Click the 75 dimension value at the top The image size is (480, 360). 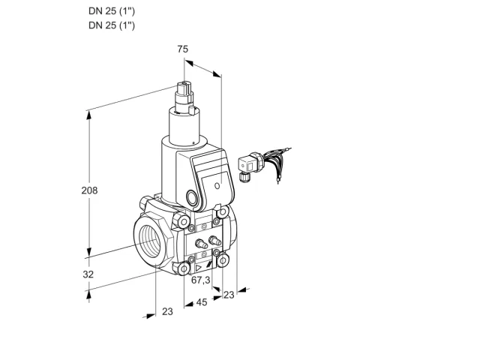pyautogui.click(x=183, y=49)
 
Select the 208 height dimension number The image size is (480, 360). pyautogui.click(x=89, y=190)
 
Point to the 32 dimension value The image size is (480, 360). pyautogui.click(x=88, y=274)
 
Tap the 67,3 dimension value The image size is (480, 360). pyautogui.click(x=201, y=280)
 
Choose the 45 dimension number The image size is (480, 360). pyautogui.click(x=202, y=302)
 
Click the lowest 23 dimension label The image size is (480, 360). pyautogui.click(x=167, y=312)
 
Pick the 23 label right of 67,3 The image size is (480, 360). pyautogui.click(x=229, y=295)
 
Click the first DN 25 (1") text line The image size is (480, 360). pyautogui.click(x=112, y=11)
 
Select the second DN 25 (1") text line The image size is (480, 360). pyautogui.click(x=112, y=25)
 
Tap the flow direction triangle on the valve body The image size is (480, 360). pyautogui.click(x=198, y=268)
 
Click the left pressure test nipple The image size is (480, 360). pyautogui.click(x=201, y=244)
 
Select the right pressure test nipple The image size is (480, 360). pyautogui.click(x=214, y=241)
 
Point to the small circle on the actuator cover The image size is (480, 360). pyautogui.click(x=217, y=185)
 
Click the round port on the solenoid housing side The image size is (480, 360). pyautogui.click(x=192, y=197)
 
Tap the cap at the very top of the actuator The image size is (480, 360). pyautogui.click(x=184, y=88)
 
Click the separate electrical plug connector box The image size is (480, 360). pyautogui.click(x=248, y=165)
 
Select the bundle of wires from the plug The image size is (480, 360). pyautogui.click(x=275, y=162)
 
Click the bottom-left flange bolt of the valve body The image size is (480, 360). pyautogui.click(x=184, y=269)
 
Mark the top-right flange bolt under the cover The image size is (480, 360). pyautogui.click(x=223, y=211)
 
